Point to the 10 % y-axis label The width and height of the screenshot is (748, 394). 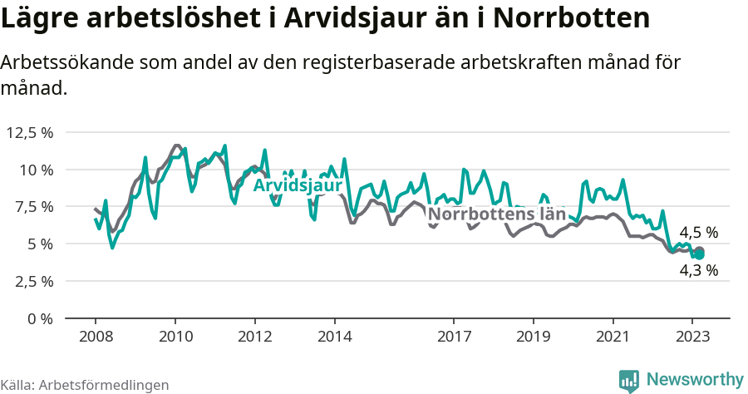pos(37,170)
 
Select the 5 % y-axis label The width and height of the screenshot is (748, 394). pos(41,244)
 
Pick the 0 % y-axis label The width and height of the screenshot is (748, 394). pos(41,318)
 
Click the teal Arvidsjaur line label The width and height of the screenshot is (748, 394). pos(298,185)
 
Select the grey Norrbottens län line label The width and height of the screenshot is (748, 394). pos(496,214)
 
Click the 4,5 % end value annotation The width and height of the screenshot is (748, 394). pos(698,233)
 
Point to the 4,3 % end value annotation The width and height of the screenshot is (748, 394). pos(698,270)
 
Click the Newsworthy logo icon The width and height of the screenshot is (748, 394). pos(629,380)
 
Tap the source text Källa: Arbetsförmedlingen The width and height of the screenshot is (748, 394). pos(85,385)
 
